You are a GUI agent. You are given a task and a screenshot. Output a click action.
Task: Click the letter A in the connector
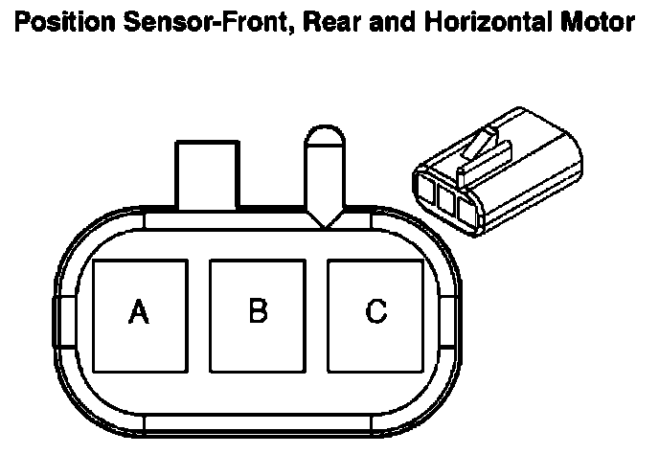pyautogui.click(x=140, y=311)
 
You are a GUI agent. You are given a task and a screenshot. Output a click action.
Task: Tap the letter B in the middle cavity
pyautogui.click(x=258, y=310)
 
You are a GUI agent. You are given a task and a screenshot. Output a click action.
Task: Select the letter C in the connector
pyautogui.click(x=376, y=310)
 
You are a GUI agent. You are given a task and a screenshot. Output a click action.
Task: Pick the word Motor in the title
pyautogui.click(x=601, y=21)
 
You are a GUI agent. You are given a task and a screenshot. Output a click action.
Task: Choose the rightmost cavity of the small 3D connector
pyautogui.click(x=468, y=210)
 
